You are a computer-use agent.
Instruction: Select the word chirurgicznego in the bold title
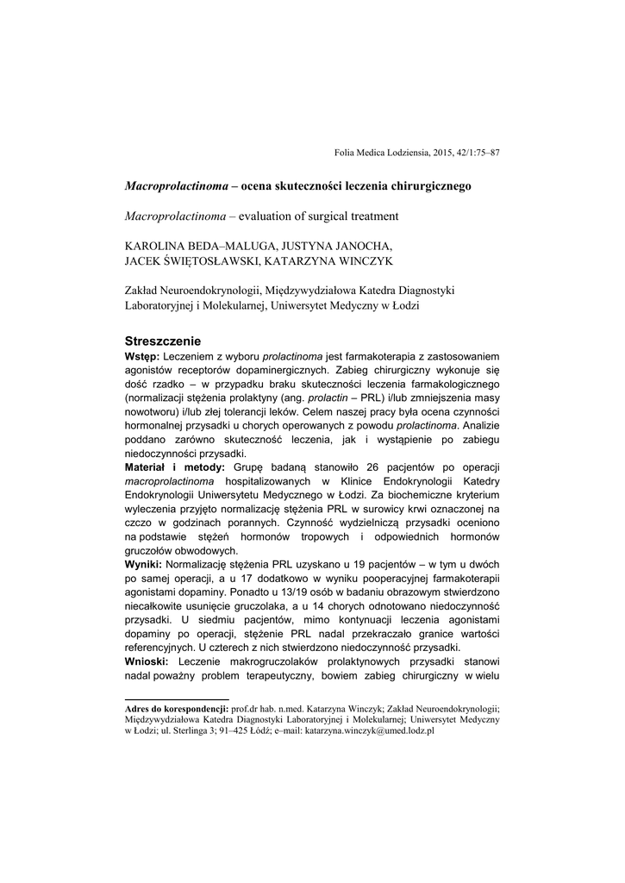(x=423, y=185)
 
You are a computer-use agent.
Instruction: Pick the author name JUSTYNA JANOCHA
(x=342, y=246)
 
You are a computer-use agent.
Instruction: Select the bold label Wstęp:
(x=142, y=356)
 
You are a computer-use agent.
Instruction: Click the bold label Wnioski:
(x=148, y=660)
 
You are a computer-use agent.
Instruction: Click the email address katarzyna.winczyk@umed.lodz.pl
(x=366, y=730)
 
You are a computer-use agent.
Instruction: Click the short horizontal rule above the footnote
(x=177, y=699)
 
